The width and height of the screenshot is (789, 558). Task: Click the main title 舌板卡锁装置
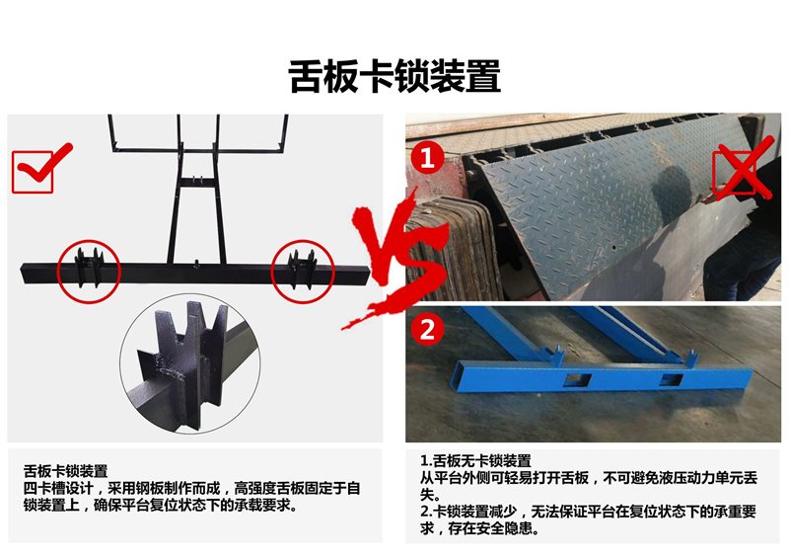(x=395, y=76)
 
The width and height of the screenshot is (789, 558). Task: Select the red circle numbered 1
(x=427, y=157)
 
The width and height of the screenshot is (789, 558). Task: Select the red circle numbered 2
(x=427, y=330)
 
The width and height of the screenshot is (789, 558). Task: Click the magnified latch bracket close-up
(x=189, y=367)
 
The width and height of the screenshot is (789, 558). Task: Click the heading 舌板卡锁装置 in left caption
(x=65, y=471)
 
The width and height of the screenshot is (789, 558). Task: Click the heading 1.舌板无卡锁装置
(x=475, y=460)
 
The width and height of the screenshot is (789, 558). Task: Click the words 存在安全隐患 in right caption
(x=490, y=528)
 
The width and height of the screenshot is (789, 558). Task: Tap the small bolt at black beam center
(x=196, y=262)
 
